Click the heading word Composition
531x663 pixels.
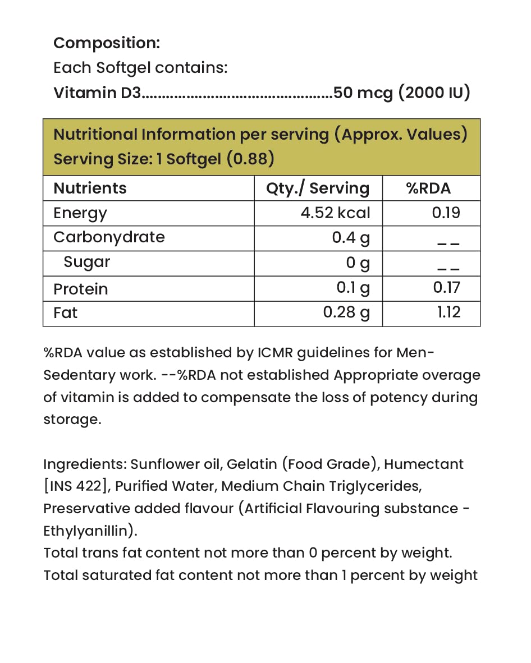click(107, 43)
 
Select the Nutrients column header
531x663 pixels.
click(90, 188)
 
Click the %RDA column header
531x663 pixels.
click(428, 188)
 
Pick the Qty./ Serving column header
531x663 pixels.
click(318, 188)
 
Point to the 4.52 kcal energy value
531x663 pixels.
click(335, 213)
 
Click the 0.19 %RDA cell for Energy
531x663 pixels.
click(446, 213)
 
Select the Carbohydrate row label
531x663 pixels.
click(109, 237)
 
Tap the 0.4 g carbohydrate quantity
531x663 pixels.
click(351, 238)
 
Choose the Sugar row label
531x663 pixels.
click(87, 262)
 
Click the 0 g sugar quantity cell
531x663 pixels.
click(358, 263)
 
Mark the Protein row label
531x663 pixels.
click(80, 289)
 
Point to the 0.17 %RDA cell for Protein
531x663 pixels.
click(446, 288)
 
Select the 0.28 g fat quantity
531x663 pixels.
click(346, 312)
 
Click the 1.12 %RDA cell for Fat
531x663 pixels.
click(448, 312)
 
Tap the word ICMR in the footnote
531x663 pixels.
click(276, 353)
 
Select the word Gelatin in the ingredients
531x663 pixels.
click(251, 464)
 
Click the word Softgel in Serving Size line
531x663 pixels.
click(194, 159)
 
